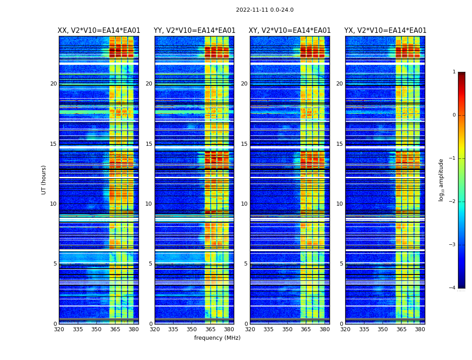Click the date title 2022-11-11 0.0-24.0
(x=264, y=10)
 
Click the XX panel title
(x=99, y=31)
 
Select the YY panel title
(x=194, y=31)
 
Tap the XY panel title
(x=289, y=31)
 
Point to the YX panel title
(x=385, y=31)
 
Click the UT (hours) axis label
(x=44, y=180)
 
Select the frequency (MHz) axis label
(x=217, y=338)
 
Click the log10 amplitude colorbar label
(x=441, y=180)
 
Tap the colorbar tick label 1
(x=454, y=72)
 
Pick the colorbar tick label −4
(x=453, y=288)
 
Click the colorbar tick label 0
(x=454, y=115)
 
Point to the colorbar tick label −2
(x=453, y=202)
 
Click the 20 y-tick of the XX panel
(x=53, y=84)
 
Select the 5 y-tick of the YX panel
(x=341, y=264)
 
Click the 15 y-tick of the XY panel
(x=244, y=144)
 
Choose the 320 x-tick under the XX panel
(x=59, y=329)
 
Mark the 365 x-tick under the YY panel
(x=210, y=329)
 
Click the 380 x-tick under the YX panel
(x=420, y=329)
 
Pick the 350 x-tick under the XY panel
(x=287, y=329)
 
